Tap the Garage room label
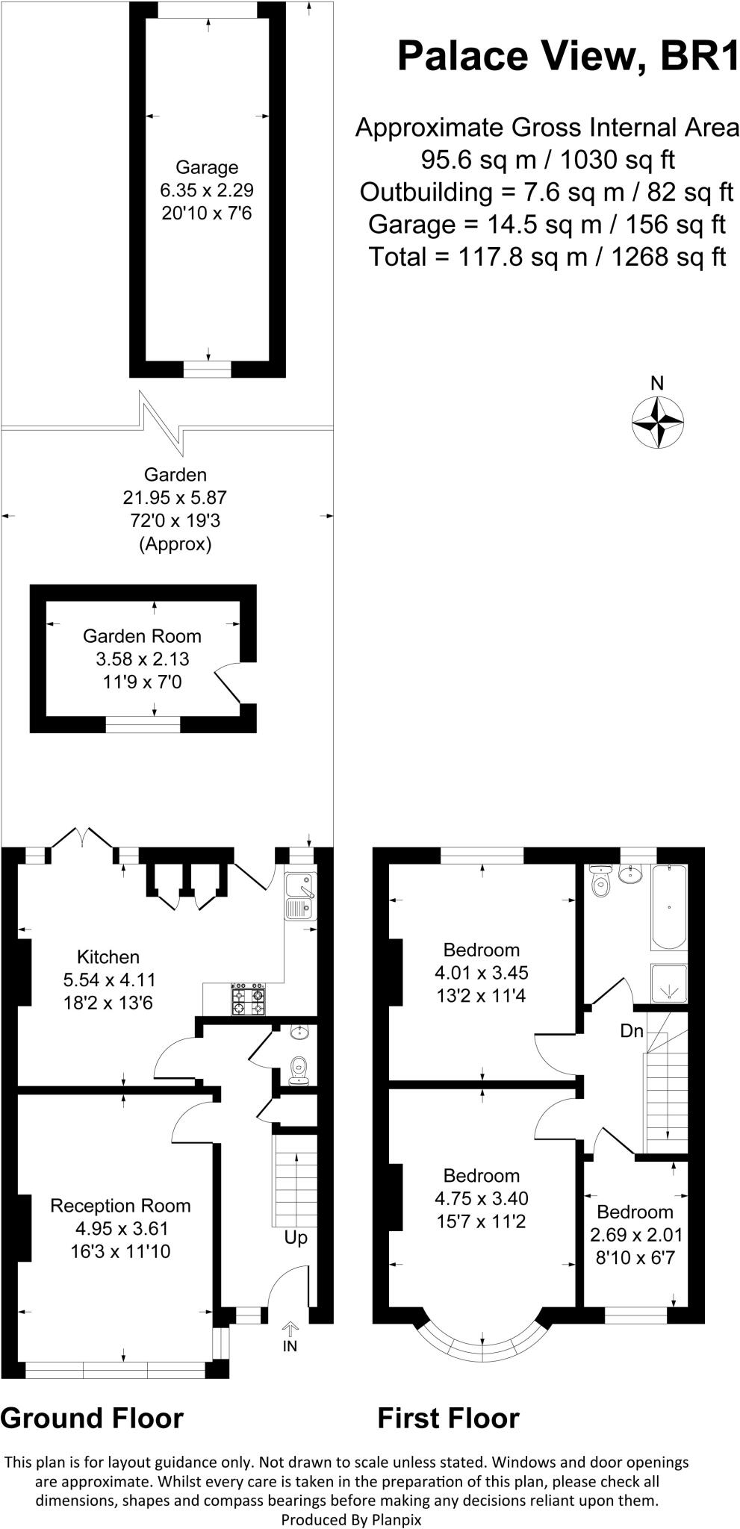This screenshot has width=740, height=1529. click(207, 167)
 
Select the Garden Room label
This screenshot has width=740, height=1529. click(142, 636)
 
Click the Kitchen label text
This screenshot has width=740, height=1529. click(108, 956)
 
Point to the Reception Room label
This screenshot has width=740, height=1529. click(120, 1206)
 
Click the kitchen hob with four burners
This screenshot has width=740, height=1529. click(249, 1000)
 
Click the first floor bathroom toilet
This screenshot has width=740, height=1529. click(600, 883)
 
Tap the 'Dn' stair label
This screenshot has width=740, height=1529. click(632, 1031)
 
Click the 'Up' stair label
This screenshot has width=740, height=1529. click(296, 1238)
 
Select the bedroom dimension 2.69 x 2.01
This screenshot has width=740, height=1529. click(635, 1234)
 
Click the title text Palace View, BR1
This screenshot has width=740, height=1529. click(568, 56)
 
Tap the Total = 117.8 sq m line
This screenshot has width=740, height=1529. click(547, 257)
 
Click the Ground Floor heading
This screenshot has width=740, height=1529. click(92, 1418)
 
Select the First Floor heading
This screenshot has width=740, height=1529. click(448, 1418)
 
